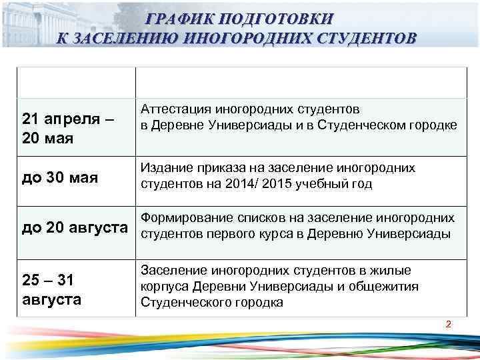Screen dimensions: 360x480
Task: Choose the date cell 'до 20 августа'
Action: [75, 229]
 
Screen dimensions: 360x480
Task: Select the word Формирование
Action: [181, 219]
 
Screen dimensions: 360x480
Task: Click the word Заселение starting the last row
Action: [172, 271]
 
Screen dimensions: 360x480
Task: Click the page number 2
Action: [448, 325]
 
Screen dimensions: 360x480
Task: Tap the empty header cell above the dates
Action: [75, 83]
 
